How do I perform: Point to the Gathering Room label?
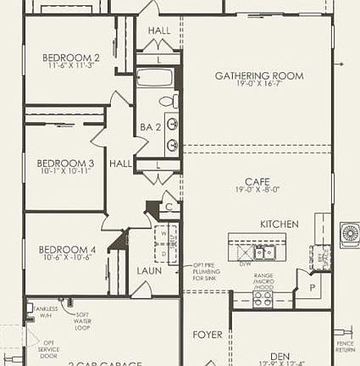(258, 76)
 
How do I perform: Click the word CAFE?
(257, 181)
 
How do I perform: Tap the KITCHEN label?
(279, 224)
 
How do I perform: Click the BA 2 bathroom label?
(151, 127)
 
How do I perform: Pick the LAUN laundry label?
(150, 271)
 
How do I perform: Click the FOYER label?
(208, 335)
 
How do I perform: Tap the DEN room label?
(280, 356)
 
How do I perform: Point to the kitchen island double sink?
(265, 252)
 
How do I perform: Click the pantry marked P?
(313, 287)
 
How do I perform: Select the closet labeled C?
(169, 206)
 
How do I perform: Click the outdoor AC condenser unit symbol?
(349, 235)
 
